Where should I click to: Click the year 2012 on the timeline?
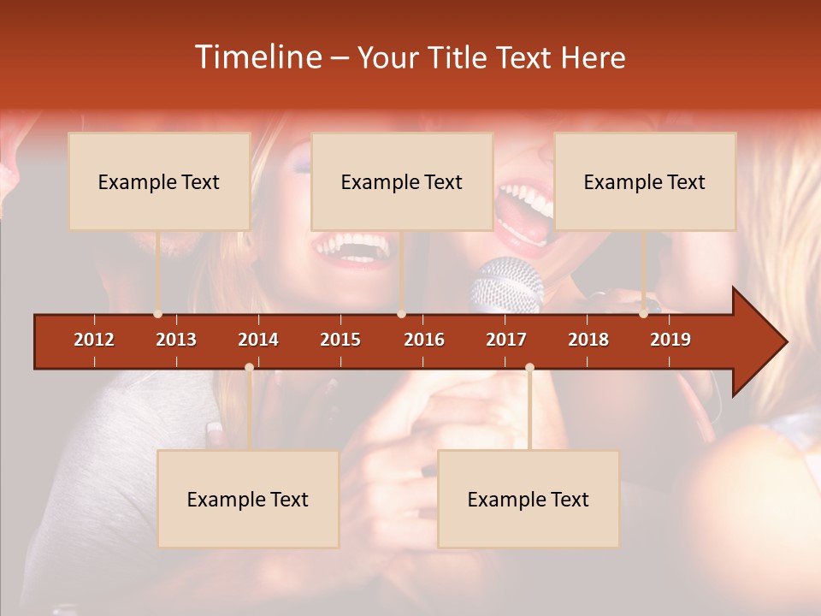coord(94,340)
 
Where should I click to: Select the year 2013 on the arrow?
coord(176,340)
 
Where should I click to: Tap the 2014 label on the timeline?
coord(258,340)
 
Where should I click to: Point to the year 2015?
coord(340,340)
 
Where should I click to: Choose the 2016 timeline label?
coord(424,340)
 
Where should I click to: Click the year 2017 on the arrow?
coord(506,340)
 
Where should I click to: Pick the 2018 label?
coord(588,340)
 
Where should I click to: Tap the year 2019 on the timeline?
coord(670,340)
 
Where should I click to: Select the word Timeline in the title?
coord(257,57)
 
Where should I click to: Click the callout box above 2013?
coord(159,181)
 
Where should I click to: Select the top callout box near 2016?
coord(402,181)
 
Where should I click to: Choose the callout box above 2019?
coord(645,181)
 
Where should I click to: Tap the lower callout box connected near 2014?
coord(248,499)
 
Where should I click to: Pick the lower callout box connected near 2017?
coord(529,499)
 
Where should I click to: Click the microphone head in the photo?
coord(506,282)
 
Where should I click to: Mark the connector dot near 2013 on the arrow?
coord(157,314)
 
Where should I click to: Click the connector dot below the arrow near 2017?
coord(529,368)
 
